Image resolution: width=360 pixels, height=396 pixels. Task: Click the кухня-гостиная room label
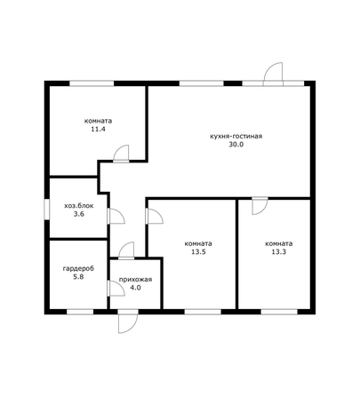(236, 137)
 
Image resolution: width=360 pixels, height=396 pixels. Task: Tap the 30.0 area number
(236, 145)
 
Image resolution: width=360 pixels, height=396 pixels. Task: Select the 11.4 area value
(99, 130)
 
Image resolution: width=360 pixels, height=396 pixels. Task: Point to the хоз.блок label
(79, 206)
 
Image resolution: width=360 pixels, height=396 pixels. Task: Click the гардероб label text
(78, 269)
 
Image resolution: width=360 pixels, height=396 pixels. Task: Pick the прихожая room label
(135, 280)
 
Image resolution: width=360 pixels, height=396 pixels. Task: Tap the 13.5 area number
(198, 252)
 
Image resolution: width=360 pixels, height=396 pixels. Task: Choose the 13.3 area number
(279, 252)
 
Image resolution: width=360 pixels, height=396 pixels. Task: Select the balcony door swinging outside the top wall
(273, 74)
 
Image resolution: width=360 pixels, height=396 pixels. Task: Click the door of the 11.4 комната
(121, 154)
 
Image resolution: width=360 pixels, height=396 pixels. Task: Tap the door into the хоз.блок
(116, 216)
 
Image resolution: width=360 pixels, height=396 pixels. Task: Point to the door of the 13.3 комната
(260, 206)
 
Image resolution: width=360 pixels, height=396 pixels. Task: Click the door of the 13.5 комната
(155, 216)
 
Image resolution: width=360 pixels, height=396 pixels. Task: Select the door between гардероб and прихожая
(116, 289)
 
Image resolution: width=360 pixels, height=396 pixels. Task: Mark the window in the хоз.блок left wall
(47, 210)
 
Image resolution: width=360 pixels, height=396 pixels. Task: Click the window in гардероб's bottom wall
(80, 312)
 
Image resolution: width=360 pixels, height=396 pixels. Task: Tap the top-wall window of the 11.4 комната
(92, 83)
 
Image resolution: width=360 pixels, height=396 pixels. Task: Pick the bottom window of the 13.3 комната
(279, 312)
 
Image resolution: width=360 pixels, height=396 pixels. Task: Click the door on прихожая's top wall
(126, 251)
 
